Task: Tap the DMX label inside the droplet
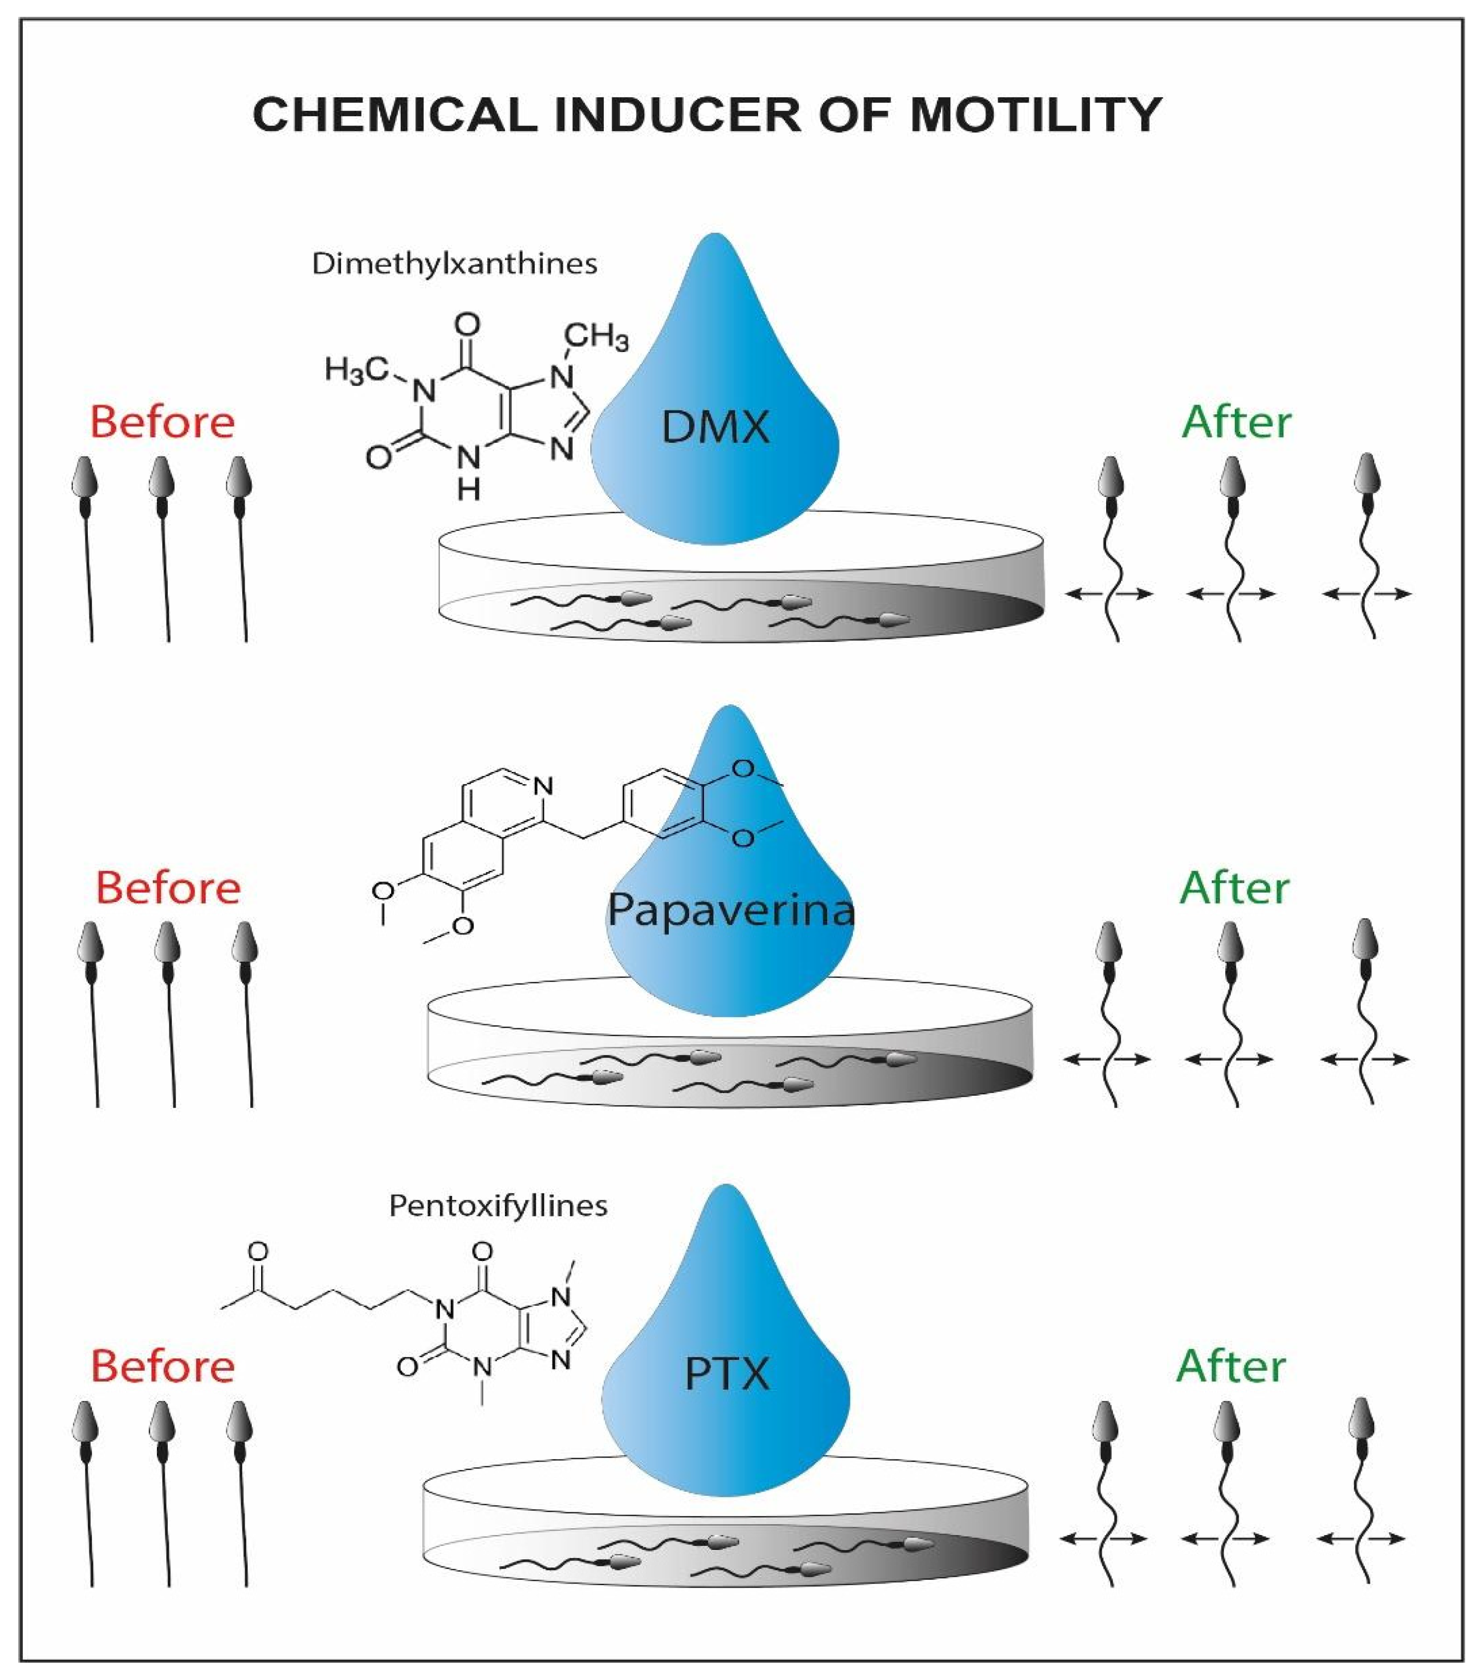[715, 427]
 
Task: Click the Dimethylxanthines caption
[454, 264]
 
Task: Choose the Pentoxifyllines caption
[498, 1205]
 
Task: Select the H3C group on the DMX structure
[355, 370]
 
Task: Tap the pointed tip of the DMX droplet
[715, 238]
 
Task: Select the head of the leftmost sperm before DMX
[84, 477]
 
